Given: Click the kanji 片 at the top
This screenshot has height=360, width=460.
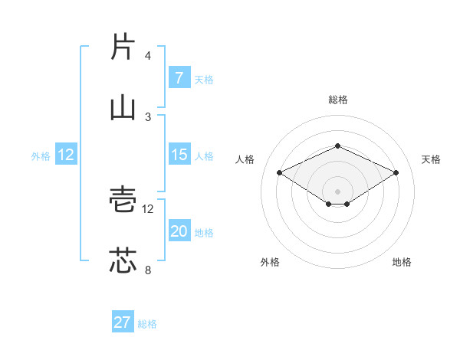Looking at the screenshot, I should click(123, 47).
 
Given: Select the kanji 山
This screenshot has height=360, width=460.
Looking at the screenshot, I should click(123, 107).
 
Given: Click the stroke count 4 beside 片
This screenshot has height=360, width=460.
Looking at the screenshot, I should click(148, 56).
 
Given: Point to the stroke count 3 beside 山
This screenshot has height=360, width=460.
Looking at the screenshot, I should click(148, 116).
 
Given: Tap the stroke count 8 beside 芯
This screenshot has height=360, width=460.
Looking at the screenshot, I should click(148, 270).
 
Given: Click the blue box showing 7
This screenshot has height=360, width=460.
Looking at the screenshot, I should click(179, 78).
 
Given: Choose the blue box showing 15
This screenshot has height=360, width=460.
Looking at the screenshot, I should click(179, 155).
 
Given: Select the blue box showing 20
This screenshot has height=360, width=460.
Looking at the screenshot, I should click(179, 232).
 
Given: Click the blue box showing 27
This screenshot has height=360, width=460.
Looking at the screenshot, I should click(123, 322).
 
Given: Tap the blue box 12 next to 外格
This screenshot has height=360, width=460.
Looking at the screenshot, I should click(66, 155).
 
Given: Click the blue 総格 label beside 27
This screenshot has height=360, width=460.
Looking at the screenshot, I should click(147, 324).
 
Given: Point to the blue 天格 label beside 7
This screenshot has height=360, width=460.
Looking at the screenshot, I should click(203, 80).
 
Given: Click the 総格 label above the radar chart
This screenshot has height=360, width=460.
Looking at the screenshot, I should click(337, 100).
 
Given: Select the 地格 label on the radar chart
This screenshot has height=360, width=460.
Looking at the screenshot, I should click(402, 262).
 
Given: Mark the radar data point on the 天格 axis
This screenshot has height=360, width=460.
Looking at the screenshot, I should click(396, 172).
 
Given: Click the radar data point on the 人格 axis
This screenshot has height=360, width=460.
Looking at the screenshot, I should click(279, 172).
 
